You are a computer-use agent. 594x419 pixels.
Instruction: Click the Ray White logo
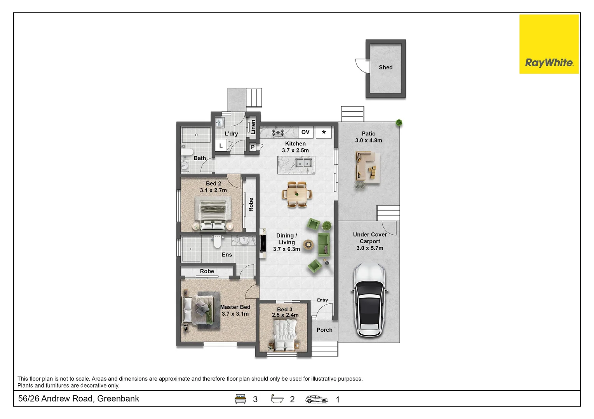pyautogui.click(x=549, y=44)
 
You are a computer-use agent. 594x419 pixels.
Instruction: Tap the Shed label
pyautogui.click(x=385, y=67)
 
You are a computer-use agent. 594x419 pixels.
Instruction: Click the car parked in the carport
pyautogui.click(x=370, y=300)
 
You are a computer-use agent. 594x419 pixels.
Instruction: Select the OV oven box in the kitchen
pyautogui.click(x=305, y=132)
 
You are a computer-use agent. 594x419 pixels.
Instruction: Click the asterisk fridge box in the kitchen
pyautogui.click(x=324, y=132)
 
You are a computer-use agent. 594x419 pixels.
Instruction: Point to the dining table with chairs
pyautogui.click(x=297, y=194)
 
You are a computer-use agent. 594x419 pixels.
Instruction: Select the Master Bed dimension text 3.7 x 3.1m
pyautogui.click(x=235, y=314)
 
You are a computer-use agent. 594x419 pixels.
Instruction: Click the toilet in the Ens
pyautogui.click(x=217, y=242)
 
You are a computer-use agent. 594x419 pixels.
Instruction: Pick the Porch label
pyautogui.click(x=324, y=330)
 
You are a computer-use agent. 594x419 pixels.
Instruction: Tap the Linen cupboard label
pyautogui.click(x=253, y=127)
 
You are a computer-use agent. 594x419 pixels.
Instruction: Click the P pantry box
pyautogui.click(x=253, y=147)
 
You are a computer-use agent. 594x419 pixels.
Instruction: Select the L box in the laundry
pyautogui.click(x=221, y=145)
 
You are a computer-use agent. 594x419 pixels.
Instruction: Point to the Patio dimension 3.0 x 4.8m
pyautogui.click(x=369, y=140)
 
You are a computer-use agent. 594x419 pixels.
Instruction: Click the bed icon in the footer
pyautogui.click(x=240, y=399)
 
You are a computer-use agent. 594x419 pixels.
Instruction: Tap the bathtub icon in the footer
pyautogui.click(x=277, y=398)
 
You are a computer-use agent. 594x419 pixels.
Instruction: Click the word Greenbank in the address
pyautogui.click(x=118, y=398)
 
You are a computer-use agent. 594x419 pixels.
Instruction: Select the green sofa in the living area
pyautogui.click(x=324, y=245)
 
